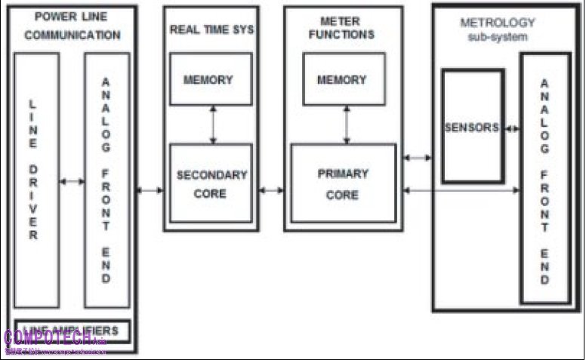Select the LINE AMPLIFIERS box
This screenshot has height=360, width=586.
pos(72,331)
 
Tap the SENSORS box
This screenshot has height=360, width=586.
pos(473,127)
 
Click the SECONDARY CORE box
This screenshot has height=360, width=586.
pos(211,183)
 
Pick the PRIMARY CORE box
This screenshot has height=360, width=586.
pos(343,183)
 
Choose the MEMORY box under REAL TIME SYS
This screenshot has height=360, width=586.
pos(211,79)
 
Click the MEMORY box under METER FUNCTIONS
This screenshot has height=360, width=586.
pos(344,79)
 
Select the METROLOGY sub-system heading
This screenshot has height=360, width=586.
pos(498,29)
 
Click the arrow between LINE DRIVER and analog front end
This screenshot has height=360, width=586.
pos(72,181)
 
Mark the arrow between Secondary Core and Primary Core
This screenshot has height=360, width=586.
pos(270,189)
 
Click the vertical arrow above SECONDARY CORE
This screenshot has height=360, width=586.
pos(213,125)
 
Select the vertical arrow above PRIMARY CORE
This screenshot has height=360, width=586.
pos(346,125)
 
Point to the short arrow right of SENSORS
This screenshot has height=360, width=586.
pos(513,128)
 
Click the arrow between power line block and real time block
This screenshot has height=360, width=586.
pos(150,189)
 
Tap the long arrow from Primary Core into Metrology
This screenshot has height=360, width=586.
pos(461,189)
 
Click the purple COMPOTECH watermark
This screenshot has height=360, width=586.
pos(53,338)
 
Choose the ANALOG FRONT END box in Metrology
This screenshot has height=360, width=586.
pos(544,178)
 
